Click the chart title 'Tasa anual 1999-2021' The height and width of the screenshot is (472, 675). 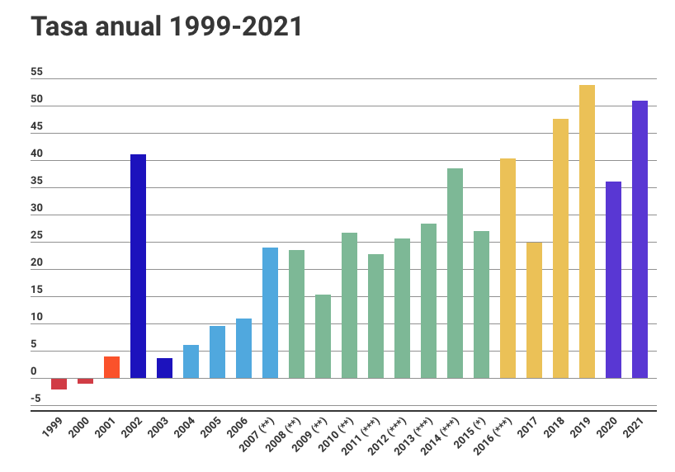tap(166, 26)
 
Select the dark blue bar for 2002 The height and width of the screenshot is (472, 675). tap(138, 267)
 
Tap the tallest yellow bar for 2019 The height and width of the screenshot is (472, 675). tap(588, 232)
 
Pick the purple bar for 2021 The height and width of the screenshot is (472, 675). tap(640, 239)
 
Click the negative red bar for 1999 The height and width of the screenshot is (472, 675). tap(59, 384)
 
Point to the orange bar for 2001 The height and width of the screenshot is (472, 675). tap(112, 367)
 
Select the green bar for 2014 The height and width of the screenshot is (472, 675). tap(455, 273)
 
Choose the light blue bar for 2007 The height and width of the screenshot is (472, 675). tap(271, 313)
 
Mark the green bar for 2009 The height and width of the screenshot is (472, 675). tap(323, 337)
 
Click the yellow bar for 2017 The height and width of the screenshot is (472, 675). tap(534, 310)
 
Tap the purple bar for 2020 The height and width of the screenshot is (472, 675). tap(613, 280)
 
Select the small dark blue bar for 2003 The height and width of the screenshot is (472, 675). tap(164, 368)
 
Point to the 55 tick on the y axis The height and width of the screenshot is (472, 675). tap(37, 72)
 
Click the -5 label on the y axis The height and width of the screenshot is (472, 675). tap(35, 399)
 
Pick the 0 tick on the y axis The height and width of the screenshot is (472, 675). tap(34, 371)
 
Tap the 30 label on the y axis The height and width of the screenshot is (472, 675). tap(37, 208)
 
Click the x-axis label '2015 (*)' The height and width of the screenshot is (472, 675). tap(470, 432)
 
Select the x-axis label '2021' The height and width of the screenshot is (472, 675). tap(635, 427)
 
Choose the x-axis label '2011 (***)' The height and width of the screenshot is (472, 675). tap(361, 436)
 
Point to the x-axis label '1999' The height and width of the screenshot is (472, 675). tap(54, 427)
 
